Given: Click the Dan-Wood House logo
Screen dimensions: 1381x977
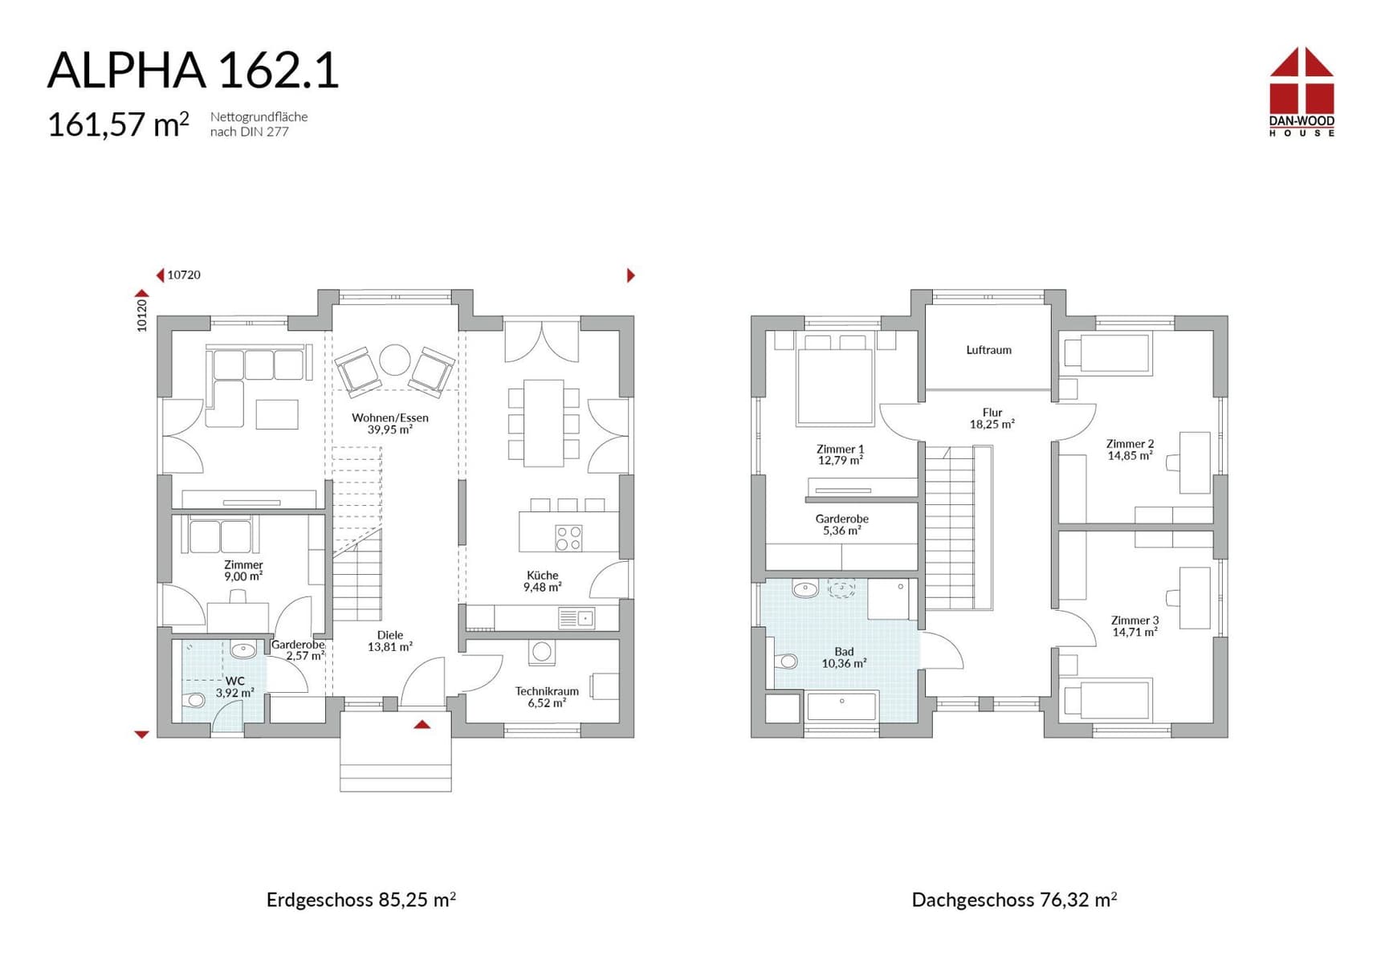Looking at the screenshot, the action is (x=1302, y=92).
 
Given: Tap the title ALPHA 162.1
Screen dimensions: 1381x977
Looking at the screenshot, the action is (x=194, y=70).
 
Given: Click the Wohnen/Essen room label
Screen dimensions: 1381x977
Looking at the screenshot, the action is (x=390, y=423).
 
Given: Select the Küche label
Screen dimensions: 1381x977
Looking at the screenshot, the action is (x=543, y=580).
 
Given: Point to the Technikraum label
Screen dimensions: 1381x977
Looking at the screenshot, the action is (x=547, y=697).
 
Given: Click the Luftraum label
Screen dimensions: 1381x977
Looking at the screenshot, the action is (x=988, y=350).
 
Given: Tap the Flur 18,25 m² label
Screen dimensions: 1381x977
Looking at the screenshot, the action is (x=992, y=418).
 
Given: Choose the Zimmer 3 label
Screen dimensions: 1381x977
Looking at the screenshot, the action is (x=1135, y=626).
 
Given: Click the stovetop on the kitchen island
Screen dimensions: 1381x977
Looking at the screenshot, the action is (x=569, y=538).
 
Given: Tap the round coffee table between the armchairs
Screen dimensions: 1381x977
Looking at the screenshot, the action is (x=395, y=360).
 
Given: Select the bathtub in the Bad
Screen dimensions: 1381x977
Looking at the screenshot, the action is (x=842, y=706).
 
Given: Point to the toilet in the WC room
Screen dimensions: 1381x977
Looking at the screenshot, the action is (x=194, y=700).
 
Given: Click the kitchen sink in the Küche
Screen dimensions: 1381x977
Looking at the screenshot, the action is (x=576, y=618).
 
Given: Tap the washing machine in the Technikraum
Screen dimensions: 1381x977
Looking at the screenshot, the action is (x=542, y=652).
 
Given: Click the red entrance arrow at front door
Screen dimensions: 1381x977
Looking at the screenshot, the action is (x=422, y=724).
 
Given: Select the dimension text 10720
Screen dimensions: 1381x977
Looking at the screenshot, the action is (x=184, y=275).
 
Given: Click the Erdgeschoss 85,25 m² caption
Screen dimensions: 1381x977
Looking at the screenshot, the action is (x=361, y=899).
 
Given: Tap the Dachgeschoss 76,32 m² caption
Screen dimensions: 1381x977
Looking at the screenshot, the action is (x=1014, y=899).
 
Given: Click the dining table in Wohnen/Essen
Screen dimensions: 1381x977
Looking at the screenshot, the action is (x=544, y=423).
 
